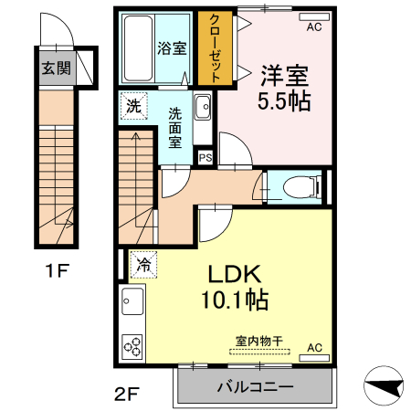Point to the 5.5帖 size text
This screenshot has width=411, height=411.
(284, 100)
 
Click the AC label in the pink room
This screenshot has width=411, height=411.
(313, 27)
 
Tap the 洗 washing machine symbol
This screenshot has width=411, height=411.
(134, 106)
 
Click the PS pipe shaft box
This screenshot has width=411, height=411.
(205, 157)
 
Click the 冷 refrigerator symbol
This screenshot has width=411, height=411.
(142, 265)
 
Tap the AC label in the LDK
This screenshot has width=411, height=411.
(313, 348)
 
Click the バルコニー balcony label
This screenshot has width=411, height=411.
(255, 386)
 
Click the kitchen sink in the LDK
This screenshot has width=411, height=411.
(132, 300)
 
